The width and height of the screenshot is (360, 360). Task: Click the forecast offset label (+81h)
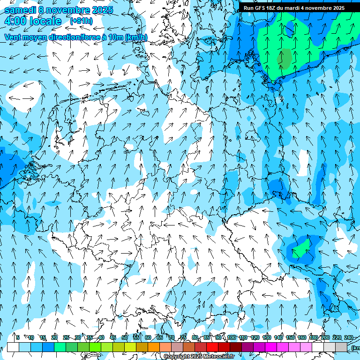(x=81, y=21)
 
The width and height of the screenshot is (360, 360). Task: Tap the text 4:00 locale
(x=33, y=21)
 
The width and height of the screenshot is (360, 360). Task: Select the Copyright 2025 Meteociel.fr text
(x=199, y=357)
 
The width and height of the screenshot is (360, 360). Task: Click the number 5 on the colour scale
(x=17, y=337)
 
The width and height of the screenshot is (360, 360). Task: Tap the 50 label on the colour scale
(x=125, y=337)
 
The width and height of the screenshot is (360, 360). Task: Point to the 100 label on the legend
(x=232, y=337)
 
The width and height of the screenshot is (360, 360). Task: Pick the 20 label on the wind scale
(x=54, y=337)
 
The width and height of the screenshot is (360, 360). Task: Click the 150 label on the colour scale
(x=290, y=337)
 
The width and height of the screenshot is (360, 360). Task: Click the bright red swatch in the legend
(x=212, y=347)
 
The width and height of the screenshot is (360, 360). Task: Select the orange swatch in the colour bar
(x=153, y=347)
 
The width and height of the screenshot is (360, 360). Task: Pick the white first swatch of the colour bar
(x=13, y=347)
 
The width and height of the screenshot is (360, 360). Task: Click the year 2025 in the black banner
(x=336, y=8)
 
